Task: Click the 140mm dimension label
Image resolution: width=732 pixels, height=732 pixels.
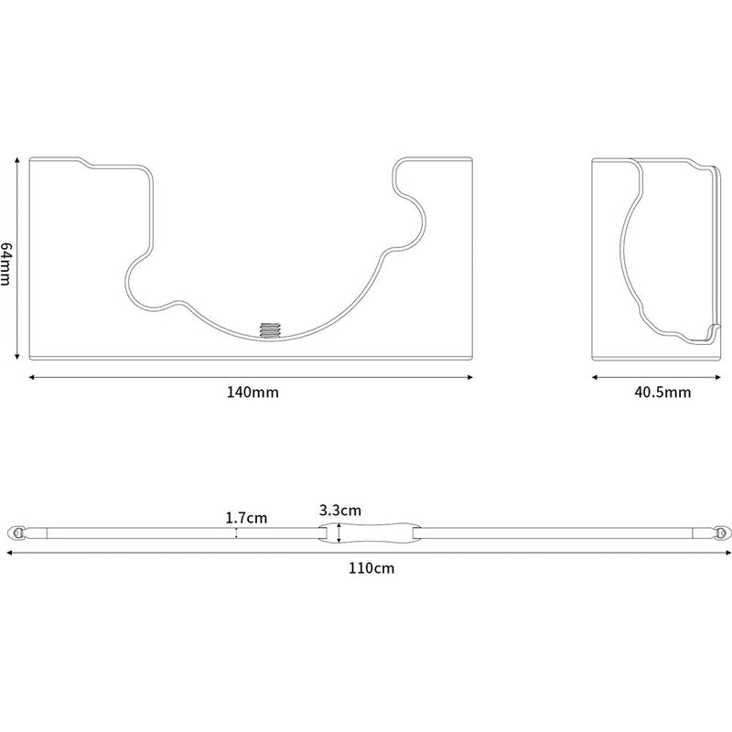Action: pyautogui.click(x=253, y=392)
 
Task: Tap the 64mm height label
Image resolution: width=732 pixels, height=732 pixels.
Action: pyautogui.click(x=5, y=263)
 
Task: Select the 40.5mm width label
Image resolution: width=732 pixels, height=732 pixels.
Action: pyautogui.click(x=662, y=392)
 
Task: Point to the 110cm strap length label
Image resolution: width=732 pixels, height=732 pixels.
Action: pyautogui.click(x=371, y=568)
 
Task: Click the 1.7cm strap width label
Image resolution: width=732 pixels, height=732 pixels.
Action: pyautogui.click(x=246, y=518)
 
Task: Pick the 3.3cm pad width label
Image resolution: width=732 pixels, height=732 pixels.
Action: pyautogui.click(x=340, y=511)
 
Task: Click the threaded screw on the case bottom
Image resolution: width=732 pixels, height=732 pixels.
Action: pyautogui.click(x=269, y=330)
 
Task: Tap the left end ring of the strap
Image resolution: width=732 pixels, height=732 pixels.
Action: pyautogui.click(x=17, y=533)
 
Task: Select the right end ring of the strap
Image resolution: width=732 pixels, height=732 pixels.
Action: pyautogui.click(x=722, y=533)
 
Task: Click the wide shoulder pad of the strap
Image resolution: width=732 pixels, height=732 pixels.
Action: pyautogui.click(x=371, y=533)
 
